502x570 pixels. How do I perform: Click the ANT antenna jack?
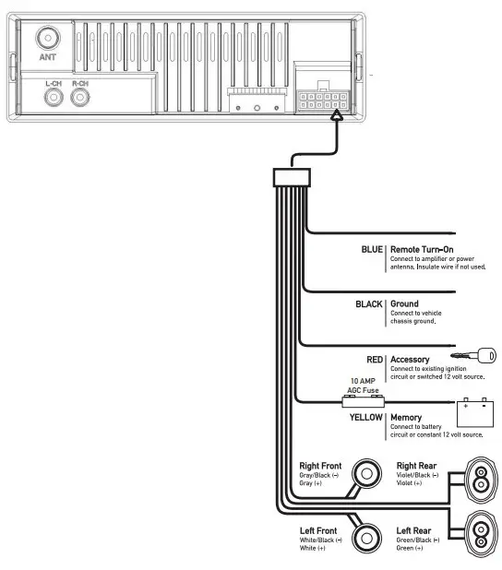tap(48, 38)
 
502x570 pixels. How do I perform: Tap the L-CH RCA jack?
tap(54, 98)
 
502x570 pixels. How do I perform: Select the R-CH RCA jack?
tap(80, 98)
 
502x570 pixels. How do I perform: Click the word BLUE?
tap(372, 249)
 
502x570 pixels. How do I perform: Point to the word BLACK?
tap(369, 303)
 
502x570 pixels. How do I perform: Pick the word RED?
tap(375, 360)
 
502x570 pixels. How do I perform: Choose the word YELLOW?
tap(366, 417)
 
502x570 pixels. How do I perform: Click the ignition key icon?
tap(473, 355)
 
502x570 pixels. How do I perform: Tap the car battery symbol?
tap(475, 412)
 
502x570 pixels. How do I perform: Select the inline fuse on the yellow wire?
tap(363, 402)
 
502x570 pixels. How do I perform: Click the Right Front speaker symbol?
tap(366, 474)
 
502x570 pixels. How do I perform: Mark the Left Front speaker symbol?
tap(366, 539)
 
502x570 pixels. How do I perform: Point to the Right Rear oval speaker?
tap(481, 480)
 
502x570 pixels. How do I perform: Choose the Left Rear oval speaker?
tap(481, 534)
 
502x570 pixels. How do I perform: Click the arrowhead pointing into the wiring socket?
tap(337, 115)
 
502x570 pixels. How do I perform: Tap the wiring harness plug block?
tap(292, 177)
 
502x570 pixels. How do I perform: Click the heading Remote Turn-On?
tap(422, 249)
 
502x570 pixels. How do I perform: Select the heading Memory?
tap(406, 417)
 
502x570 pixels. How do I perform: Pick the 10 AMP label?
tap(363, 381)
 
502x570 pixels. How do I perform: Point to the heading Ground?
tap(404, 303)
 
